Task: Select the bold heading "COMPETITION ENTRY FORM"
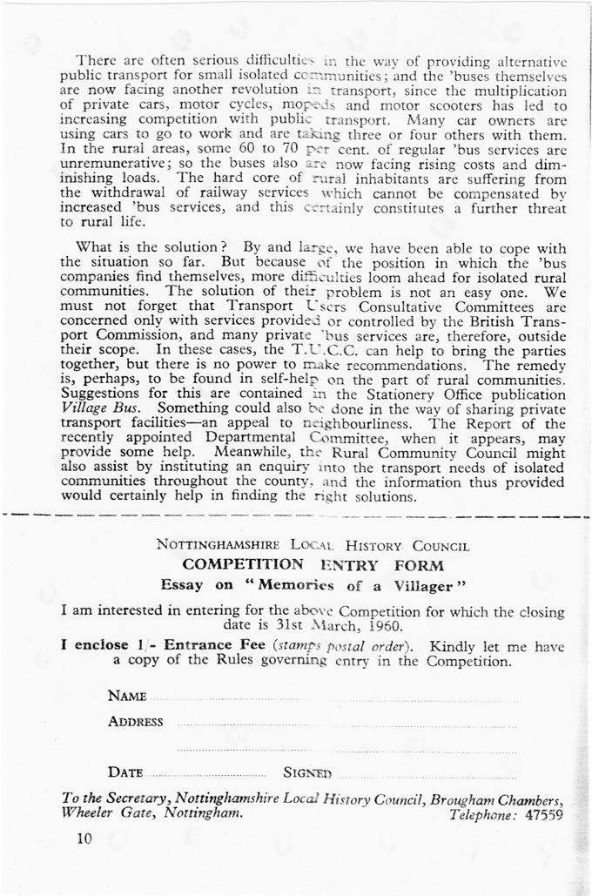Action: (313, 564)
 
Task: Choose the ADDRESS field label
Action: (136, 722)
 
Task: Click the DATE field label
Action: (126, 772)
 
